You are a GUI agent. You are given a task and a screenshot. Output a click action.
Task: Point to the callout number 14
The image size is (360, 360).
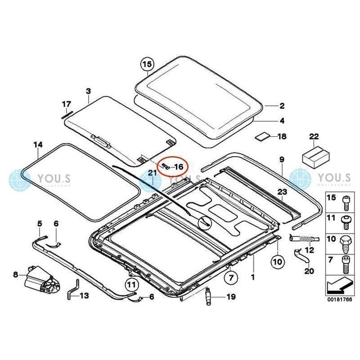point(38,144)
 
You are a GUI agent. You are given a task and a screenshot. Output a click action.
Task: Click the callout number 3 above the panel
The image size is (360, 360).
point(88,91)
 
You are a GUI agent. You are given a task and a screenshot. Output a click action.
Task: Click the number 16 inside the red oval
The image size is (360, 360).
point(179,167)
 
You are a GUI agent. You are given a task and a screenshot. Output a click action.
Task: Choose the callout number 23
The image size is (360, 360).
point(282,192)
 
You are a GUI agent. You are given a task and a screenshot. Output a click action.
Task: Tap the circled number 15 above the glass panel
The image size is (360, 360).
point(147,64)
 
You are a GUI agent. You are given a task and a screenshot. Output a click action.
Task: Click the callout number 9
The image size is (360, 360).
point(282,160)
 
